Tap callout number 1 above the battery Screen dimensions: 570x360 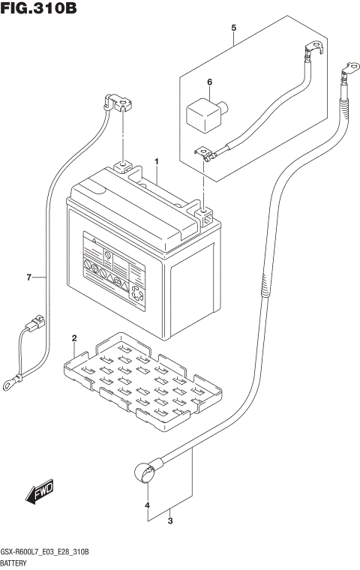coord(157,162)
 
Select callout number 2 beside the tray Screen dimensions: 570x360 coord(73,339)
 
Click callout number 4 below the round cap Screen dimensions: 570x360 coord(148,504)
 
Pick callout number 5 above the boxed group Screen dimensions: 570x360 coord(233,28)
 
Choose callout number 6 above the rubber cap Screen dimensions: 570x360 coord(210,82)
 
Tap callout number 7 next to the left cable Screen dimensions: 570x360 coord(29,278)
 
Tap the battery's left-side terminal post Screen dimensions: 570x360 coord(121,167)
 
